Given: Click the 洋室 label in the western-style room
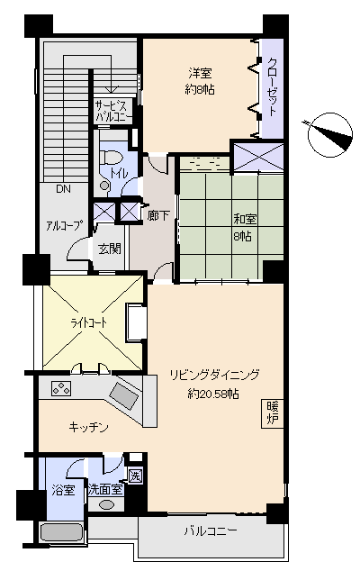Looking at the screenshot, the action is point(200,74).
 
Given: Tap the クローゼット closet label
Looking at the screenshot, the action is point(273,86).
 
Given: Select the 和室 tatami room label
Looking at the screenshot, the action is point(245,219).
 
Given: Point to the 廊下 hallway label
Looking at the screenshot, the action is point(158,215).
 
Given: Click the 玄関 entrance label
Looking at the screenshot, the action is point(110,249).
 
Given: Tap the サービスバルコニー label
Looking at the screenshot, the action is point(112,112).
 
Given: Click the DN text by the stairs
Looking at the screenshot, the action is point(63,189).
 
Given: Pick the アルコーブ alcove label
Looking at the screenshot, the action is point(63,226).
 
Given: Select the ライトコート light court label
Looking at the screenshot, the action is point(88,323).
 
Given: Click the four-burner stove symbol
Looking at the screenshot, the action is point(61,388).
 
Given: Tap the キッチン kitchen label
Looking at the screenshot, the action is point(88,427).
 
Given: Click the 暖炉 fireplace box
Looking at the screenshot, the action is point(273,413).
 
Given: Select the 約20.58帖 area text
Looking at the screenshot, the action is point(213,394).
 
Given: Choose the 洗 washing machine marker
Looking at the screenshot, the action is point(135,476).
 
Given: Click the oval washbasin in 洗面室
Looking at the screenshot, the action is point(106,504).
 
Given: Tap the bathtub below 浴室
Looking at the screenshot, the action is point(61,533).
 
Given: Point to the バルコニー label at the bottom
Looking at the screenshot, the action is point(211,531).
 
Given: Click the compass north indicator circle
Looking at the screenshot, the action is point(330,135).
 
